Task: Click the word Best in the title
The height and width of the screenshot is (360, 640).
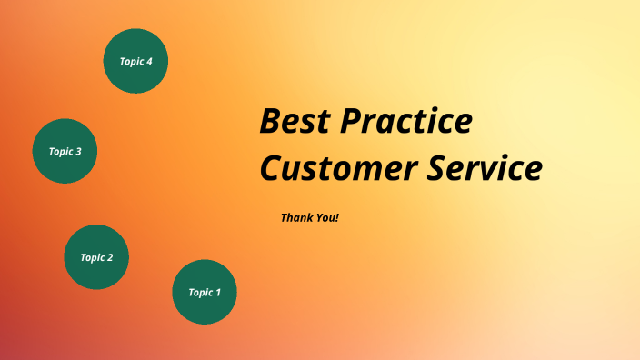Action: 295,122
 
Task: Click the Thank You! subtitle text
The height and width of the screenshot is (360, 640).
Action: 309,218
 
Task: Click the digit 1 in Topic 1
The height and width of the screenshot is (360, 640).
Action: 217,293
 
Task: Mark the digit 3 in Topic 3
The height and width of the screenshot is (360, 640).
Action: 78,152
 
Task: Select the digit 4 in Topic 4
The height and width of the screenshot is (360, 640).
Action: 149,61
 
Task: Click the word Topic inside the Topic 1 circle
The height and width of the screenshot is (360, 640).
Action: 199,293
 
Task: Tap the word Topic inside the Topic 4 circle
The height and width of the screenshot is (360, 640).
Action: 131,61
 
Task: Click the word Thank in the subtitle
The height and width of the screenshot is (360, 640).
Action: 295,218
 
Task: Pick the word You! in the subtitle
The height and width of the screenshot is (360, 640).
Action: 325,218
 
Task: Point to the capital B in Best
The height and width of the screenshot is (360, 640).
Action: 271,122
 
